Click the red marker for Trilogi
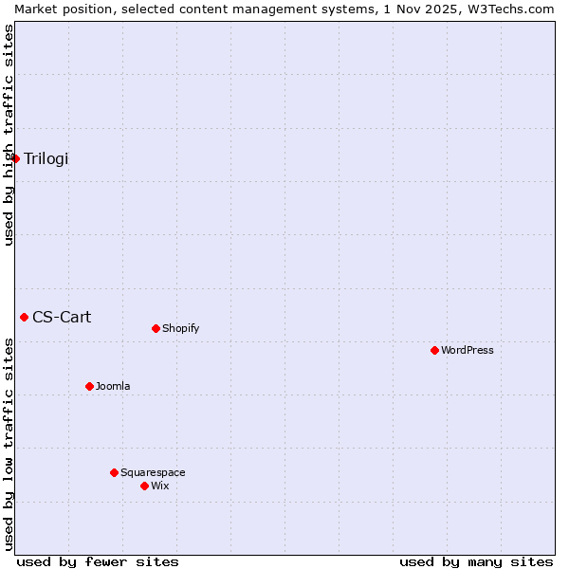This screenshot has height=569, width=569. [x=16, y=158]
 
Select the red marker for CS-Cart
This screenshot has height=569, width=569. [x=25, y=317]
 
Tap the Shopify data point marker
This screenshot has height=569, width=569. [x=156, y=328]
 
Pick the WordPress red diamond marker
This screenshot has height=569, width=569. [x=434, y=350]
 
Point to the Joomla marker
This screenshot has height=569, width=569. [x=89, y=386]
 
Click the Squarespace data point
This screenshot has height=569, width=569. [x=114, y=472]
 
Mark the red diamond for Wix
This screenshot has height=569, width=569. [x=144, y=486]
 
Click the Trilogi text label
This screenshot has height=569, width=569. [x=46, y=158]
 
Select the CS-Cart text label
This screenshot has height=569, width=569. [x=62, y=317]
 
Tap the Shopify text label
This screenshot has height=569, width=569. [x=180, y=329]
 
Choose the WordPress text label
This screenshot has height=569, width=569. [x=468, y=351]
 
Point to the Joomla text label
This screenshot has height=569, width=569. [x=113, y=387]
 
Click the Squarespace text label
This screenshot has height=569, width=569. [x=153, y=473]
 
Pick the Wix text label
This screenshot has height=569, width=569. [x=160, y=486]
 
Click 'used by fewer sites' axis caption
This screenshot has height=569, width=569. [x=98, y=561]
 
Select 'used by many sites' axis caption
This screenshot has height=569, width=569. [x=476, y=561]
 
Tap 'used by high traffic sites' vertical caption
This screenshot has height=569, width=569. [x=9, y=135]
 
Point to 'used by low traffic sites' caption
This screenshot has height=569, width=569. [x=9, y=443]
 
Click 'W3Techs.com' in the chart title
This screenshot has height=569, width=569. [x=515, y=9]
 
